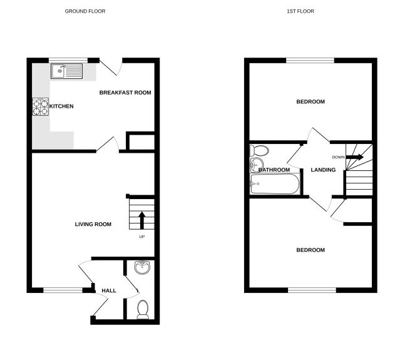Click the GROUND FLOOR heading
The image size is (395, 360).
(x=85, y=11)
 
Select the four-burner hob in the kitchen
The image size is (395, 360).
(x=41, y=108)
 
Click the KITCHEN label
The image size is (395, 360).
(x=61, y=106)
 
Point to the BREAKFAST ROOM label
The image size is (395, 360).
(x=125, y=93)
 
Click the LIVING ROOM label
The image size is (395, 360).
(x=93, y=224)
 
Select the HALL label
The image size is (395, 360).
(x=109, y=291)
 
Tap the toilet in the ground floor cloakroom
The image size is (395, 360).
(x=143, y=309)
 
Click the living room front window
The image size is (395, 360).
(x=63, y=290)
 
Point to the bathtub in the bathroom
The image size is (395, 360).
(x=275, y=184)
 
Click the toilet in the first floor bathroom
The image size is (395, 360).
(x=258, y=151)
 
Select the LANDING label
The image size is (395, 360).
(x=323, y=170)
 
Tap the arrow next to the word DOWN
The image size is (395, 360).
(x=354, y=157)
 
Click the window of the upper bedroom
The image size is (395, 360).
(x=310, y=60)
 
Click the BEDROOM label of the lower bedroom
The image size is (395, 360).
(x=310, y=250)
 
